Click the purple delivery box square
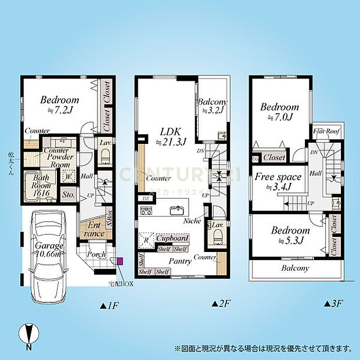(x=120, y=261)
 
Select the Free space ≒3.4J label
(x=278, y=182)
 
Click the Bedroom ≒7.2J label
(x=60, y=105)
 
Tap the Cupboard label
(x=172, y=239)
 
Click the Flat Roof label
(x=327, y=132)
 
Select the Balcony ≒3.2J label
(x=212, y=108)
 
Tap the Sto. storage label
(x=67, y=195)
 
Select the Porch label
(x=96, y=254)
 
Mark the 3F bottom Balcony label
(x=295, y=268)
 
